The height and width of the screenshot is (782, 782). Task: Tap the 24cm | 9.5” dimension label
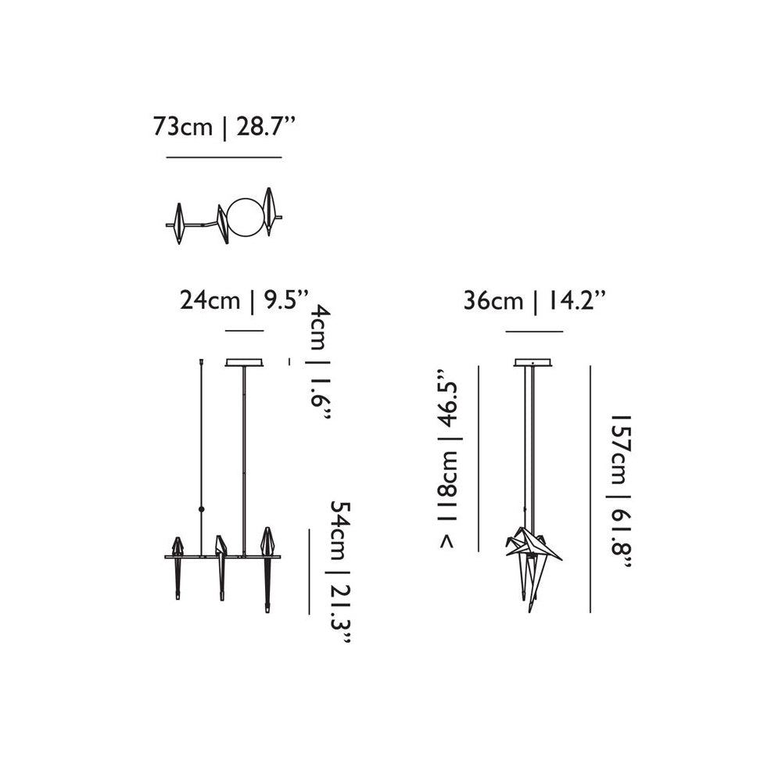coord(245,302)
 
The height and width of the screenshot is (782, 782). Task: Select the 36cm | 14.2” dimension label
coord(535,302)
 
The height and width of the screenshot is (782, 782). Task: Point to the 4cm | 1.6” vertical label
coord(321,364)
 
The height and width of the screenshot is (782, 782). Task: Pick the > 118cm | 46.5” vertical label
coord(450,457)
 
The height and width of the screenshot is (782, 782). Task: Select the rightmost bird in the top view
coord(271,211)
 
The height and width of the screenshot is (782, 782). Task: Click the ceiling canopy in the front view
coord(245,363)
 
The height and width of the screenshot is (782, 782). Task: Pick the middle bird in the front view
coord(222,567)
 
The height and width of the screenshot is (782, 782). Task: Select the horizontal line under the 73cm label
coord(224,158)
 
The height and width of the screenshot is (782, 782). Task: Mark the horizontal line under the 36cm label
coord(534,332)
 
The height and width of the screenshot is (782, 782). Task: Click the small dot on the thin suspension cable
coord(203,509)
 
